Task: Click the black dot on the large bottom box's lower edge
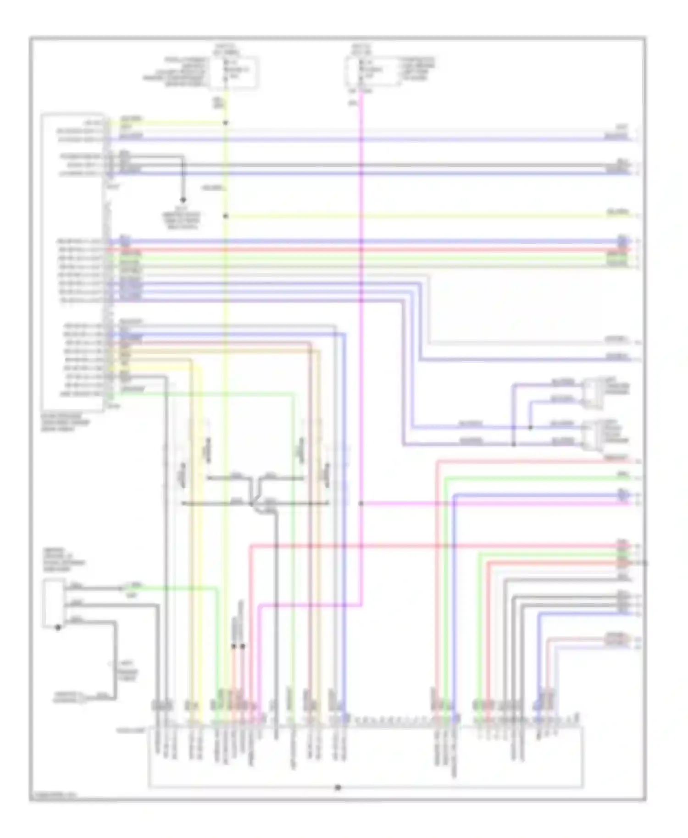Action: pyautogui.click(x=338, y=788)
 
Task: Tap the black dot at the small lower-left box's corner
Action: pyautogui.click(x=58, y=628)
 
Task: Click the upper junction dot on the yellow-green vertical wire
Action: pyautogui.click(x=225, y=123)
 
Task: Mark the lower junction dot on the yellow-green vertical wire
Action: pyautogui.click(x=225, y=216)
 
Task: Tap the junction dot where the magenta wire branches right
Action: pyautogui.click(x=361, y=503)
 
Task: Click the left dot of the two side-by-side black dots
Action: pyautogui.click(x=233, y=646)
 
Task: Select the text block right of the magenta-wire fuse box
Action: pyautogui.click(x=417, y=69)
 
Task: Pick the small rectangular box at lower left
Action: pyautogui.click(x=54, y=603)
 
